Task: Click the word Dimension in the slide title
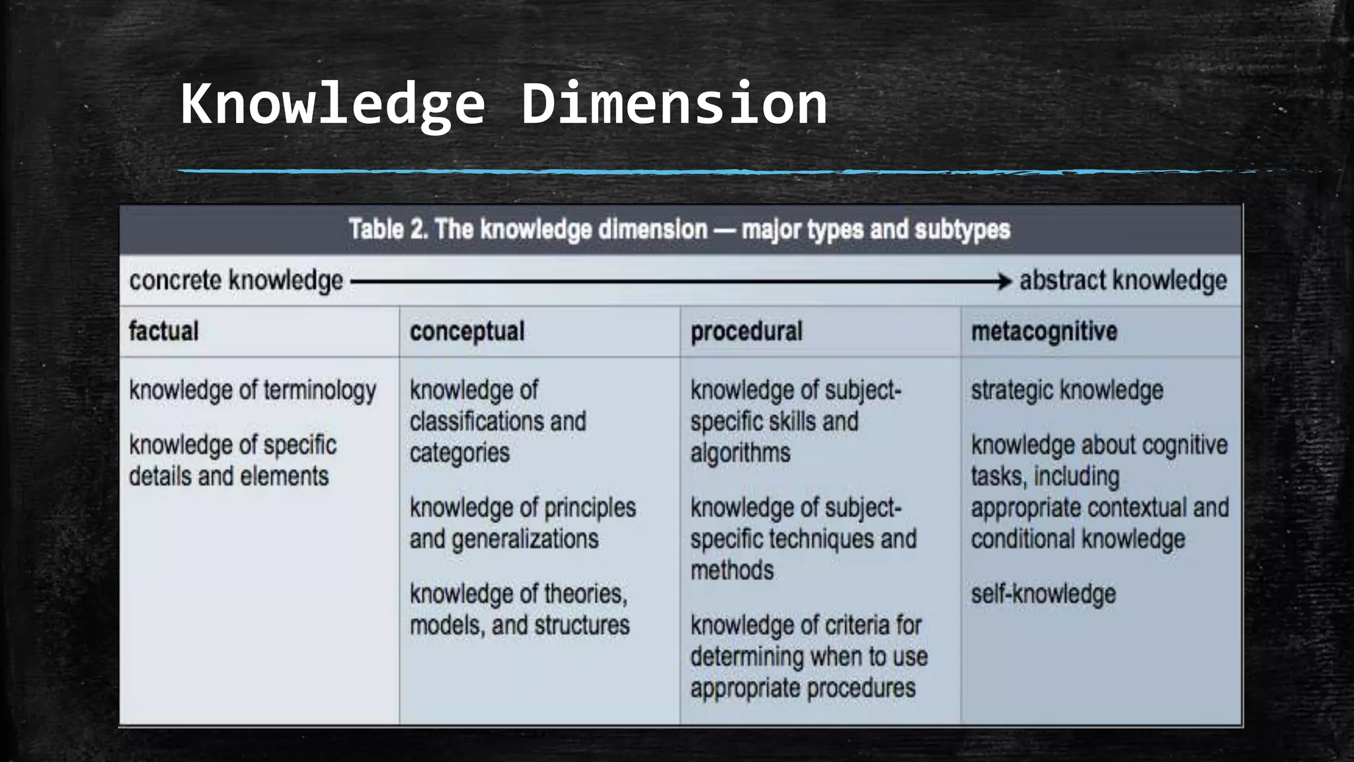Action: click(674, 104)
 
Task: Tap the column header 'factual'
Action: click(163, 331)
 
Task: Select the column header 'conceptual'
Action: click(467, 331)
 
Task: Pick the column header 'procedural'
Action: click(746, 331)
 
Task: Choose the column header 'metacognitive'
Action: click(1044, 331)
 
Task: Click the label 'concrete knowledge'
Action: click(236, 280)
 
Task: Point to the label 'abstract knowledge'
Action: click(1123, 280)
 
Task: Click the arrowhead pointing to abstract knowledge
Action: click(1005, 281)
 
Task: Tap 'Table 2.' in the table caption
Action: click(388, 230)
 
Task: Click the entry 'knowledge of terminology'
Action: click(253, 390)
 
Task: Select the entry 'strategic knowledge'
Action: click(1066, 390)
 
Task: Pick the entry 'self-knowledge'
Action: click(1043, 594)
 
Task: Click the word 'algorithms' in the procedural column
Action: click(740, 453)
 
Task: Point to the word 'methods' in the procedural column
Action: click(732, 570)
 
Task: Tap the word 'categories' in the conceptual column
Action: click(459, 453)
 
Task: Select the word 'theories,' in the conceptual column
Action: click(585, 594)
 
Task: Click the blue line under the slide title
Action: click(595, 171)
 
